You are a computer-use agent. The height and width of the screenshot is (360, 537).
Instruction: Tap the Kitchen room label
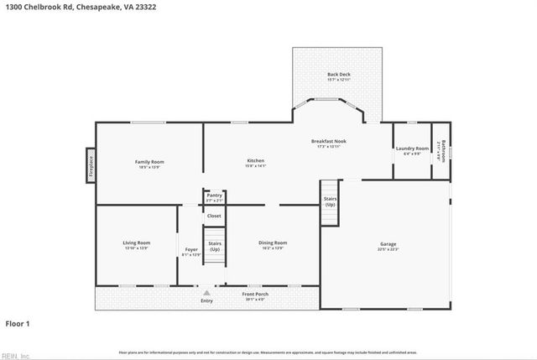click(255, 160)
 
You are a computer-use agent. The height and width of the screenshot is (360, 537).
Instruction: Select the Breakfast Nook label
click(328, 141)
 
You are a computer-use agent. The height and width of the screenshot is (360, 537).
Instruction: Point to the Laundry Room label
click(411, 149)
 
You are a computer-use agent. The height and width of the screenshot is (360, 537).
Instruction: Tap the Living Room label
click(137, 243)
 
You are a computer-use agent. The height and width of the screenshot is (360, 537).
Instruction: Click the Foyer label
click(191, 250)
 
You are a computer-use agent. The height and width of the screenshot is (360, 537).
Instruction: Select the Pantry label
click(215, 195)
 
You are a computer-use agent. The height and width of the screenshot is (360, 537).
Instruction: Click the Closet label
click(215, 216)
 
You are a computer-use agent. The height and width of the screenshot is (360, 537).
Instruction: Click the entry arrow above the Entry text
click(206, 293)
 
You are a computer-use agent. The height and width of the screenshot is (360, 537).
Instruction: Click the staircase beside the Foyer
click(215, 248)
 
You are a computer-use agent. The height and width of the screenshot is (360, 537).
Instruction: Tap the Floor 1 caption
click(18, 322)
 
